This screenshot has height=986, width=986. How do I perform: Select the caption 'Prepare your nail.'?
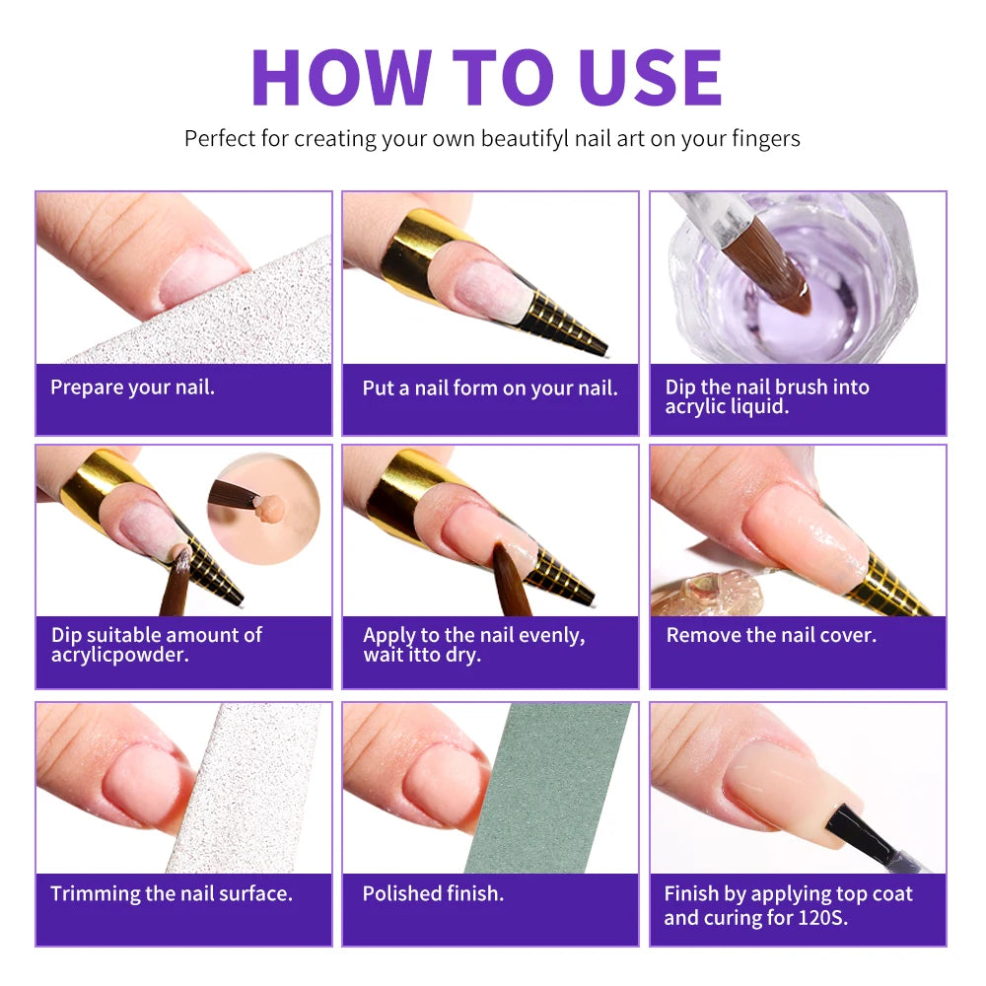pyautogui.click(x=132, y=387)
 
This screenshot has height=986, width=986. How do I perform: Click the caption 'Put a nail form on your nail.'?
pyautogui.click(x=490, y=387)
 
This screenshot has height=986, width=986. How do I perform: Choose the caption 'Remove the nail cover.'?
pyautogui.click(x=771, y=635)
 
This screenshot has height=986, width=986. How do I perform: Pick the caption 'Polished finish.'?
pyautogui.click(x=433, y=894)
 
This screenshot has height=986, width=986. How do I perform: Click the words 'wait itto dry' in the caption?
pyautogui.click(x=421, y=655)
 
